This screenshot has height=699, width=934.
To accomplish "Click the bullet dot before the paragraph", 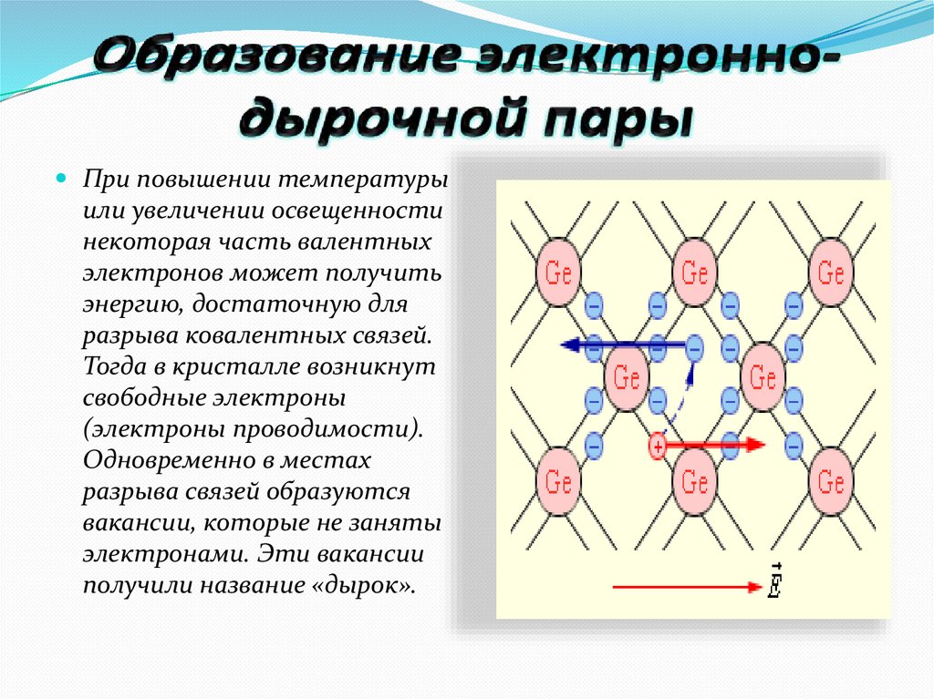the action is click(x=62, y=177).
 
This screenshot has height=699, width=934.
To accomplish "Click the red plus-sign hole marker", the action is click(x=658, y=446).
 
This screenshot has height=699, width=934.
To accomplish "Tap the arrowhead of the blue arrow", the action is click(x=570, y=344).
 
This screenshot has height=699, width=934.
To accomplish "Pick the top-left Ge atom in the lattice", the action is click(x=557, y=272).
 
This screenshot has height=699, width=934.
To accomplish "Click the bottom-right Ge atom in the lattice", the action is click(x=830, y=480).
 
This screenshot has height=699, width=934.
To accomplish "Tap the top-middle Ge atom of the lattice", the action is click(x=695, y=272).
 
